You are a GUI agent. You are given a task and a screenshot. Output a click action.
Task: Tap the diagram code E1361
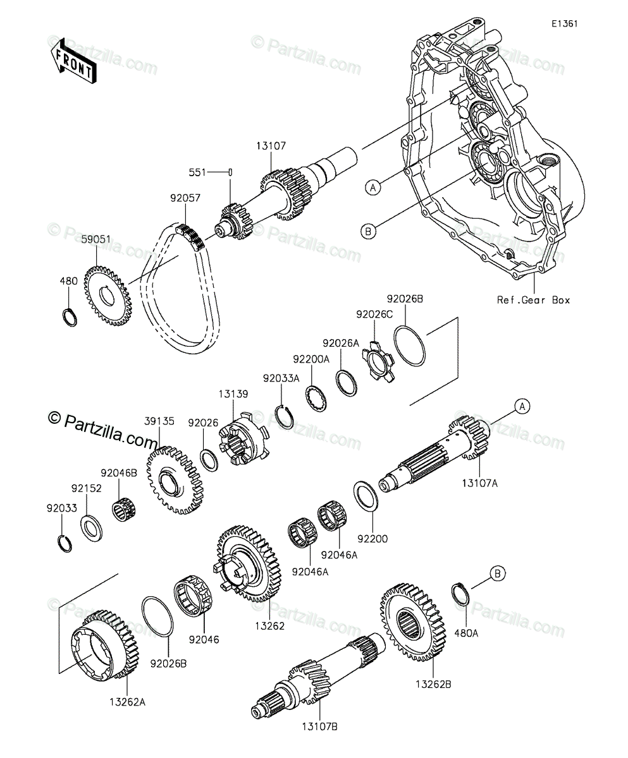pos(564,24)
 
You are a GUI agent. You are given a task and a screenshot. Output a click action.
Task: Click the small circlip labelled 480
pos(71,317)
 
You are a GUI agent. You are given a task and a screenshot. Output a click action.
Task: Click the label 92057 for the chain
pos(185,198)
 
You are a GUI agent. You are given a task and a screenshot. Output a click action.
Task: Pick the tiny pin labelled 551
pos(232,172)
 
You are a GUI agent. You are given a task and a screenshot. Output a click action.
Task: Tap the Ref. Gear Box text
pos(533,300)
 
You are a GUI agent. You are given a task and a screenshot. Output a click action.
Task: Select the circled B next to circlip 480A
pos(498,574)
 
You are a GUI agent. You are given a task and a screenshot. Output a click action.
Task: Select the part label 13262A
pos(126,701)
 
